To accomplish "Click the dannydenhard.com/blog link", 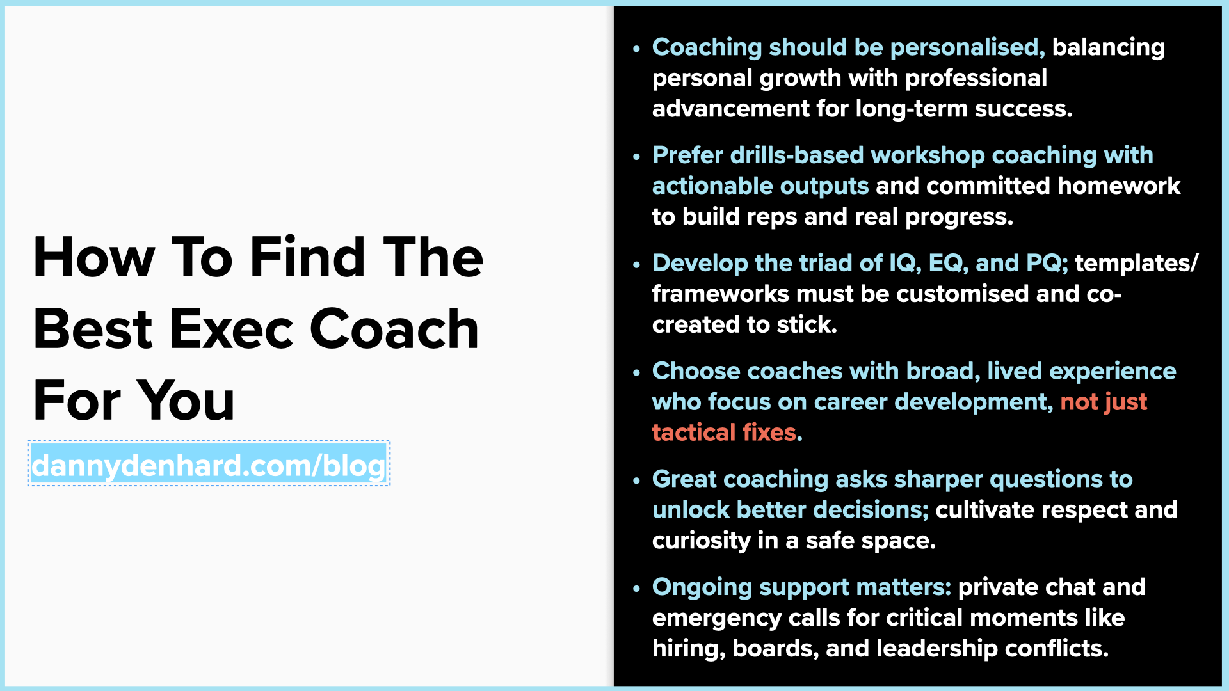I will tap(209, 465).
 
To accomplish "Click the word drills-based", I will tap(797, 155).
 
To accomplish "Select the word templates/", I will tap(1136, 264).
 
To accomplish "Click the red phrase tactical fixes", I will tap(727, 433).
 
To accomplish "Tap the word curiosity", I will tap(701, 541).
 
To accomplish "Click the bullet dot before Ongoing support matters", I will tap(636, 588).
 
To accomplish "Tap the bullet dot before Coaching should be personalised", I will tap(636, 49).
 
